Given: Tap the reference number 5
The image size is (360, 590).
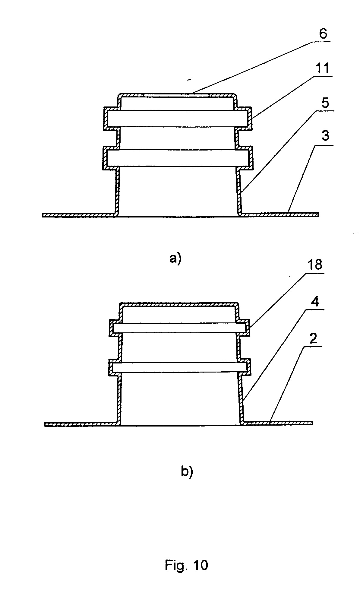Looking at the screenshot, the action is point(325,103).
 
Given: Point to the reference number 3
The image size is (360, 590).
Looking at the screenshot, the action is point(325,136).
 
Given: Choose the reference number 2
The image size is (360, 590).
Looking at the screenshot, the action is point(314,339).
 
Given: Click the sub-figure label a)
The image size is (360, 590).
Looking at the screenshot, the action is point(175,259).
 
